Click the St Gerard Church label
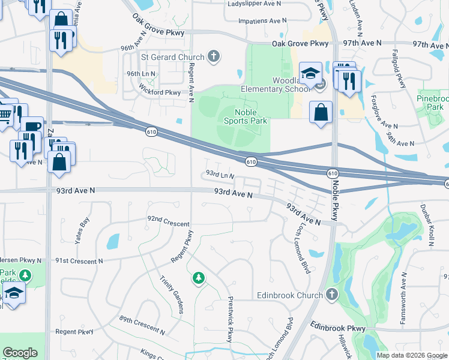point(172,57)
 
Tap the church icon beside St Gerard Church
point(213,57)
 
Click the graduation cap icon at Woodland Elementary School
point(310,74)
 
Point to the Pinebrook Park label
point(432,101)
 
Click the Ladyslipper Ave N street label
point(255,4)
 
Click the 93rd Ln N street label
point(220,175)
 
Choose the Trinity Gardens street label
point(172,295)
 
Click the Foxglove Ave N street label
point(384,112)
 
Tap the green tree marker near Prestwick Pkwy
point(198,278)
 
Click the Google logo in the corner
point(20,353)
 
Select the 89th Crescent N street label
point(142,326)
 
